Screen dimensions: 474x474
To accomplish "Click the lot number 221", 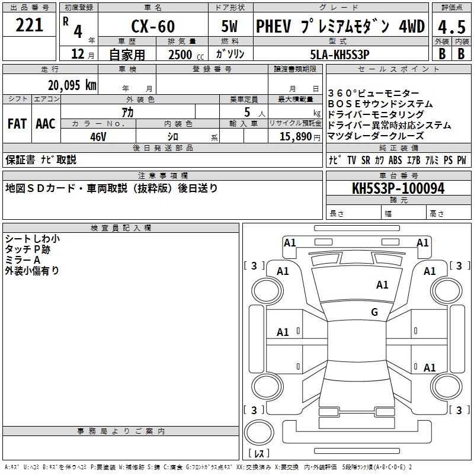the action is (x=30, y=25).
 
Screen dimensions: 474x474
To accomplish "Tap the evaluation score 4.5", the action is (x=450, y=27).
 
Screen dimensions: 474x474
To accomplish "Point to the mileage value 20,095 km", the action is (x=72, y=85).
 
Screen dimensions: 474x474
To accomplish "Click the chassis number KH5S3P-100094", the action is (x=398, y=188).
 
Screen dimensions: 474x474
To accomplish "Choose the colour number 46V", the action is (x=98, y=136).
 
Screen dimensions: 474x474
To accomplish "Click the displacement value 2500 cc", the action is (x=181, y=55).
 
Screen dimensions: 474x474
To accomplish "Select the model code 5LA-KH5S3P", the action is (x=340, y=55).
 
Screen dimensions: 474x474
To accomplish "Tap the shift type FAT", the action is (x=17, y=124).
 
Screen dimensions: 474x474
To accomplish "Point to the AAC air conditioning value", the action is (x=46, y=124).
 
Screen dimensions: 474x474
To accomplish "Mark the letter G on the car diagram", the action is (x=374, y=312).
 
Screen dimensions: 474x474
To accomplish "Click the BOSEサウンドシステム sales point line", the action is (x=380, y=104).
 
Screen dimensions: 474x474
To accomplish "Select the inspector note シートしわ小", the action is (x=32, y=239).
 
